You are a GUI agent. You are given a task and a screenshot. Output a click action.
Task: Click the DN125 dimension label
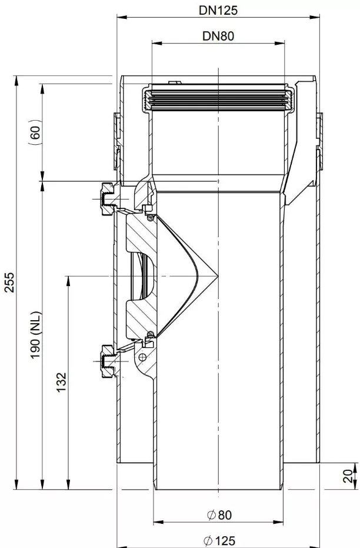pos(218,10)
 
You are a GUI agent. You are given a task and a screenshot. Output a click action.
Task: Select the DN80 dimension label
pos(218,36)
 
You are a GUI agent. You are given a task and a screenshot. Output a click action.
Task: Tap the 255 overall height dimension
pos(9,282)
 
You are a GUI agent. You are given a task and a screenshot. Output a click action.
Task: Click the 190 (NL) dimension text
pos(36,335)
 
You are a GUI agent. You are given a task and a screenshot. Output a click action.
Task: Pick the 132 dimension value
pos(61,383)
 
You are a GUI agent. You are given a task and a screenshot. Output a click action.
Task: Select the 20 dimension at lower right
pos(348,476)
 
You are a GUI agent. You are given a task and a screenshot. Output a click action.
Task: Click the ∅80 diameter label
pos(219,515)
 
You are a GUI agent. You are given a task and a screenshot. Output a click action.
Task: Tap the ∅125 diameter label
pos(219,541)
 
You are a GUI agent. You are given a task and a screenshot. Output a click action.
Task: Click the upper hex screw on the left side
pos(108,198)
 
